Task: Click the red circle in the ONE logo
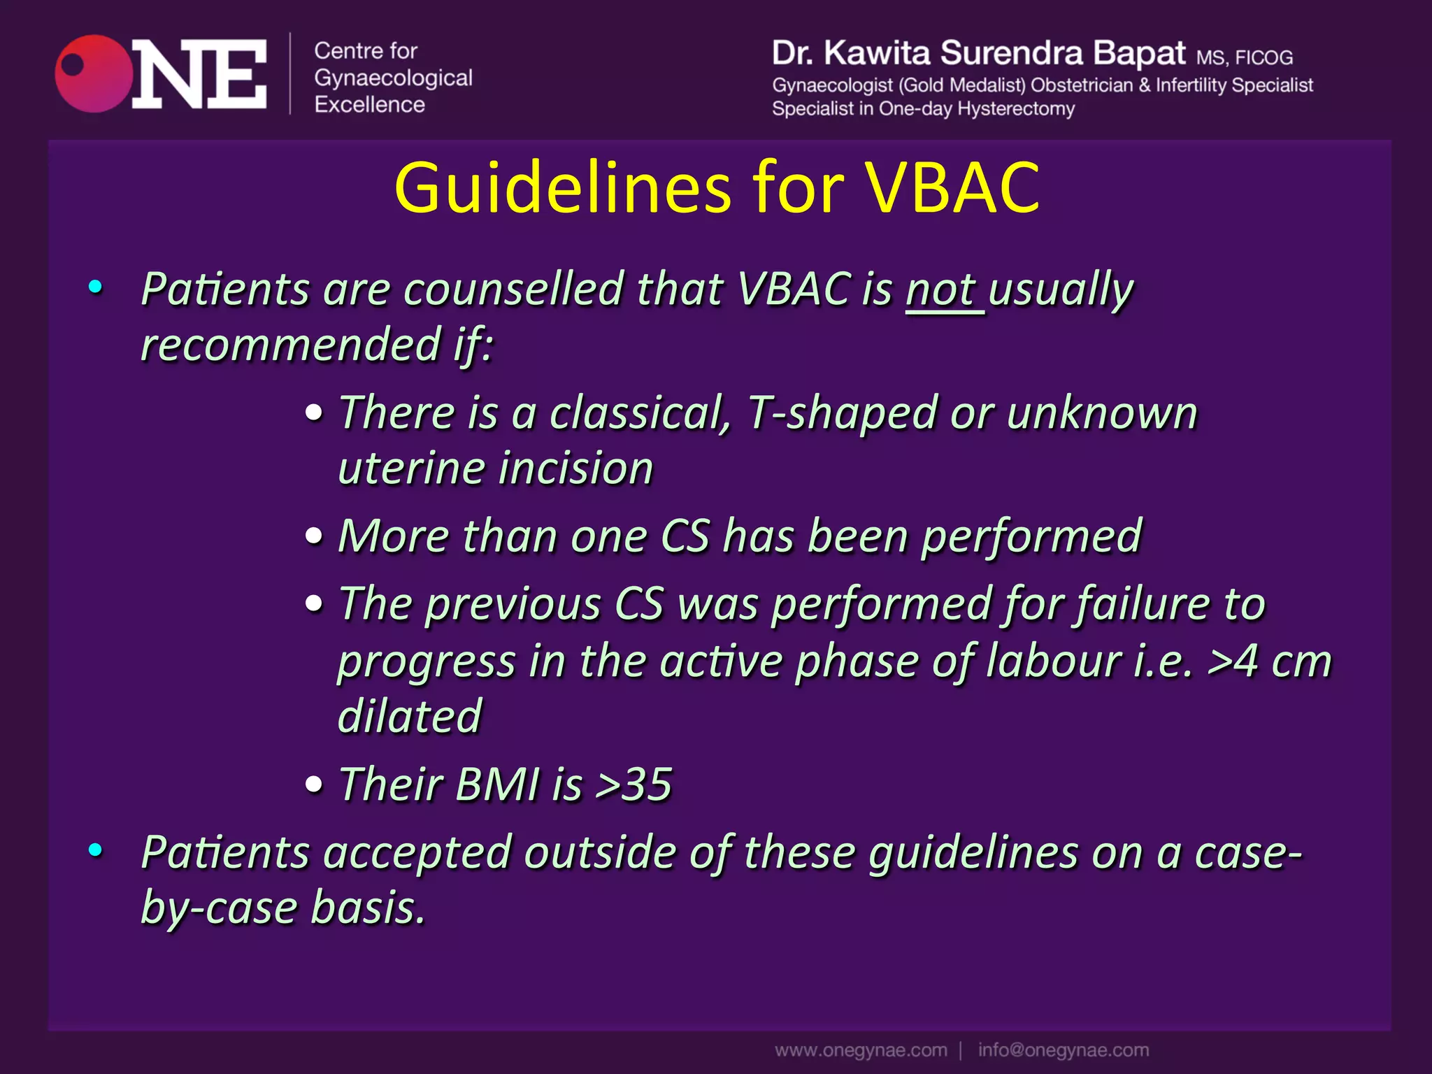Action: pos(94,74)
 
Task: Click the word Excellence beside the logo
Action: pos(369,105)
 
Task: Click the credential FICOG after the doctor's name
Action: pos(1263,57)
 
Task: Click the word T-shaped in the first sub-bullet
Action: pos(843,413)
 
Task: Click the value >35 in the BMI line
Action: pos(633,785)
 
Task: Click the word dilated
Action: pos(410,717)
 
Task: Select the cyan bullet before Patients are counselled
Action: pos(96,287)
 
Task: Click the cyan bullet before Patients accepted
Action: pos(96,850)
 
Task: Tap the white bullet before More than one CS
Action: pos(315,537)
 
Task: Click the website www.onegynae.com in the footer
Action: pos(861,1050)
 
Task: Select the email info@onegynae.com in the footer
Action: pos(1063,1050)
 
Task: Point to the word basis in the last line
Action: pos(368,908)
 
